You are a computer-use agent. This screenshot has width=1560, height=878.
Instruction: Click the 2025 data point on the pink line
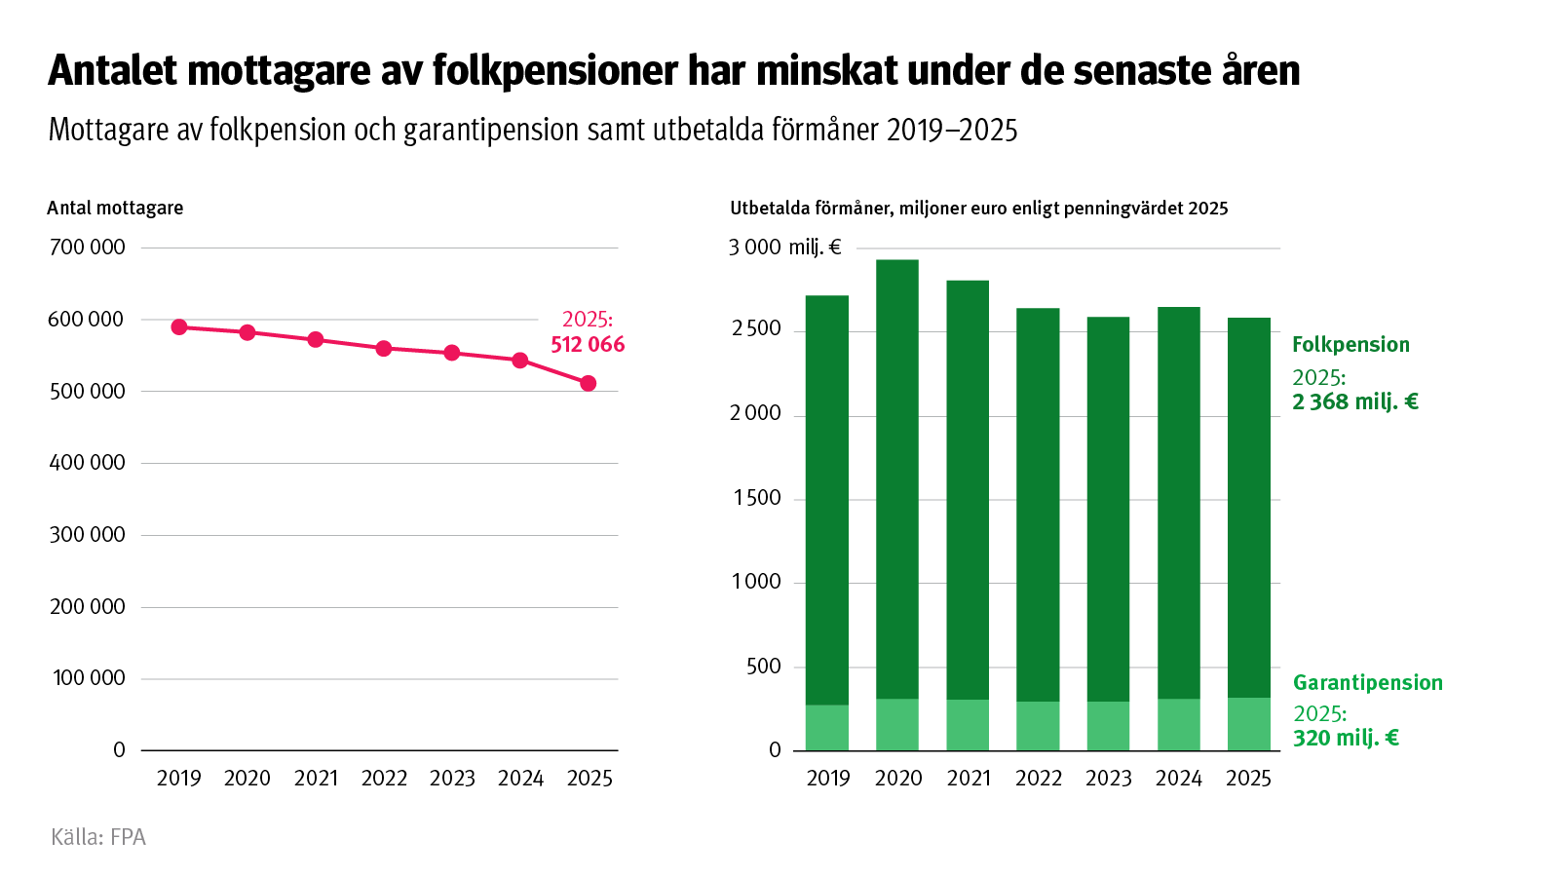pos(589,384)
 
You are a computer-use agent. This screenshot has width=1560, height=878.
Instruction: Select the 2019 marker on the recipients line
pos(179,327)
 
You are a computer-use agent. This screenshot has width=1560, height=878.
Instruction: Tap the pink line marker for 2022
pos(384,349)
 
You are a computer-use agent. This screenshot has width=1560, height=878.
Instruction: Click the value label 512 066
pos(588,345)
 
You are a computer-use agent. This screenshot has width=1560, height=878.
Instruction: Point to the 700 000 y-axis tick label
pos(87,248)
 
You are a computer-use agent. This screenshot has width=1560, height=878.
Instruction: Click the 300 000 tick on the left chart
pos(87,535)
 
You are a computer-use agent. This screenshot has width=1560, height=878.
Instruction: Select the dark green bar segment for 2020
pos(897,477)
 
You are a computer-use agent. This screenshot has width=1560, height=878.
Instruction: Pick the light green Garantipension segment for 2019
pos(827,728)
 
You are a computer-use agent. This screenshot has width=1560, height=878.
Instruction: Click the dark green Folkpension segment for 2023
pos(1108,507)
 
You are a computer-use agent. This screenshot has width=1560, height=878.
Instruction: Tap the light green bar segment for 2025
pos(1248,724)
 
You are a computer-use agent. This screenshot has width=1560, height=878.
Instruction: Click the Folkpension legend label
pos(1351,345)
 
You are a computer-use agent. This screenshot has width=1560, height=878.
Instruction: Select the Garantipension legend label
pos(1367,683)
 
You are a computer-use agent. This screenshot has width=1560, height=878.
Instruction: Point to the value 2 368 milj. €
pos(1354,402)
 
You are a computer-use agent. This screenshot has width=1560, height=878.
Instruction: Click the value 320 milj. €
pos(1346,739)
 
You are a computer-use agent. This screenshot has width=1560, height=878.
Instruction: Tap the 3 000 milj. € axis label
pos(784,248)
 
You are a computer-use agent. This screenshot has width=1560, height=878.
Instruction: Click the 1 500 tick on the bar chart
pos(757,498)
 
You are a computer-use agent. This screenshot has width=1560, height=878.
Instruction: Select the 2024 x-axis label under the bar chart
pos(1178,779)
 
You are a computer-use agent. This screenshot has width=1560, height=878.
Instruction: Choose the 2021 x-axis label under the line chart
pos(316,779)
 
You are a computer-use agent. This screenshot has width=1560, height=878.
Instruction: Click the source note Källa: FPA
pos(98,837)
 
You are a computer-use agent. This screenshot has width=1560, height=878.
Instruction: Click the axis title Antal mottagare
pos(115,208)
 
